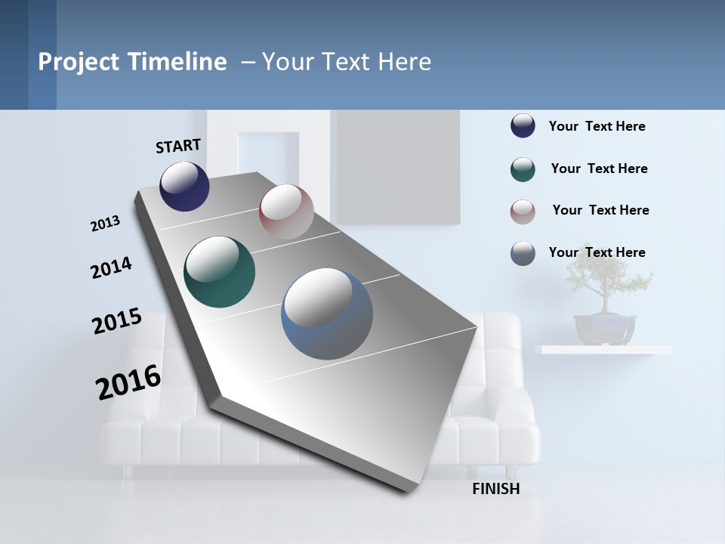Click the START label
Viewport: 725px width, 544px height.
click(178, 145)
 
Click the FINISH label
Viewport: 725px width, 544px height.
click(496, 489)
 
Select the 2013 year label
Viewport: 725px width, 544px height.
click(105, 224)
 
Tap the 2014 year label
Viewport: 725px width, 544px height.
click(111, 267)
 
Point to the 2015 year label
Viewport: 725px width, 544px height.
click(117, 321)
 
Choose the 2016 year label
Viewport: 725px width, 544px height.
click(128, 382)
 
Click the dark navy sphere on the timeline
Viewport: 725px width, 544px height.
click(184, 186)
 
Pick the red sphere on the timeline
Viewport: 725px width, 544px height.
click(286, 212)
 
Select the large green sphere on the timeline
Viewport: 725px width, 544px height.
click(219, 272)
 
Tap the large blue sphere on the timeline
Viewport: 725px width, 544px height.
click(327, 314)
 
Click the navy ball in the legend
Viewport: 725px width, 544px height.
click(523, 125)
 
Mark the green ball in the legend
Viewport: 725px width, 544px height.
click(523, 169)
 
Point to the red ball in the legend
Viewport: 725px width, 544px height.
click(523, 212)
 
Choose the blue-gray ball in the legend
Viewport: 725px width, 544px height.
click(523, 253)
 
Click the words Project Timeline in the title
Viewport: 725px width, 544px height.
click(132, 62)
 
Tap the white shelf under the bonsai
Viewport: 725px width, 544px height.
click(603, 350)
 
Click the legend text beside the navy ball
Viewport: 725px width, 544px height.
click(597, 126)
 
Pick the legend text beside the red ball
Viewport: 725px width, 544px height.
click(600, 210)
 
